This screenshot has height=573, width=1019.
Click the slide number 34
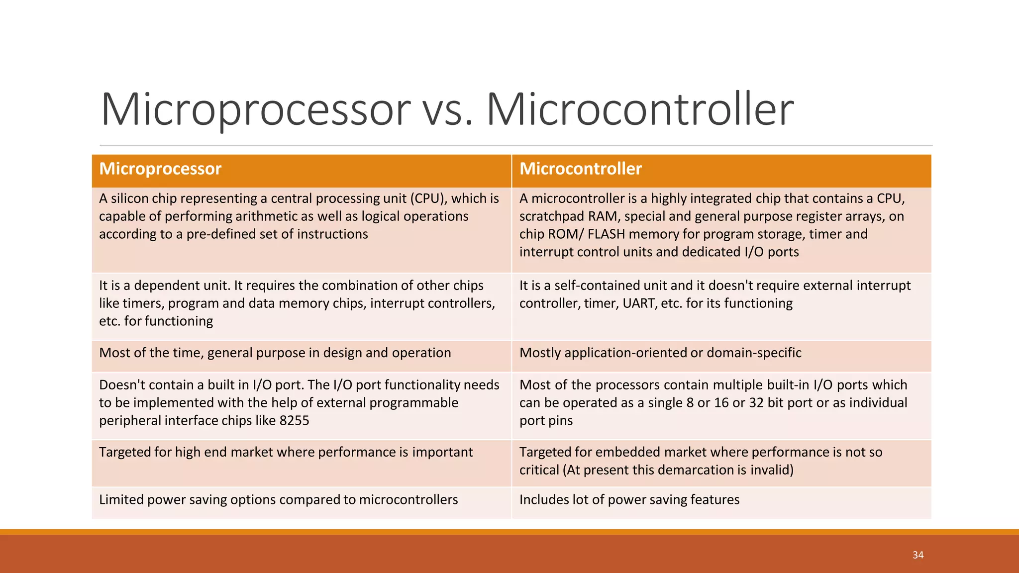917,555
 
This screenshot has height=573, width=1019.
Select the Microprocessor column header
160,169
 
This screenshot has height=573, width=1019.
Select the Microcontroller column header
580,169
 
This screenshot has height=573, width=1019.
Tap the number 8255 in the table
294,421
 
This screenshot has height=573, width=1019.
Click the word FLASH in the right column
606,234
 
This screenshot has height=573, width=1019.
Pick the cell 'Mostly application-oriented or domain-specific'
660,353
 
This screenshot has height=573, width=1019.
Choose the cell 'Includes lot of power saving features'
629,500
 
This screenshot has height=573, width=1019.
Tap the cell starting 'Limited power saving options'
278,500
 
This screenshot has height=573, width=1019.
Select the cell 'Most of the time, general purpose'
275,353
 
